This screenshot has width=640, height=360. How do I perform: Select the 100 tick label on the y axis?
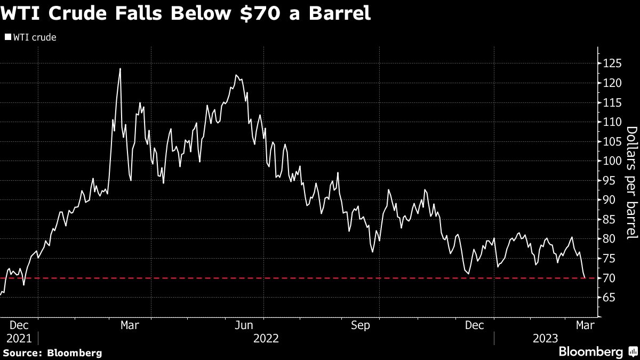point(612,161)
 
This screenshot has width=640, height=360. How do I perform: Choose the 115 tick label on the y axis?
point(612,102)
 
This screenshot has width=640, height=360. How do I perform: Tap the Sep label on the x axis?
point(361,325)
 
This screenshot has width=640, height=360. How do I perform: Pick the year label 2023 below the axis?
point(546,338)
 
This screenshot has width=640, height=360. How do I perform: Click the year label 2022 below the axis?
point(266,338)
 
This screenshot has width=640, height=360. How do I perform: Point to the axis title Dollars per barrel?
point(631,181)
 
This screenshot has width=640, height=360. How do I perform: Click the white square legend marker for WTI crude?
point(7,38)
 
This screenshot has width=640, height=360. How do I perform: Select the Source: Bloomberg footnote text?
point(52,353)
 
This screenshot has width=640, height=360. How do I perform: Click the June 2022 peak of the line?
point(236,75)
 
